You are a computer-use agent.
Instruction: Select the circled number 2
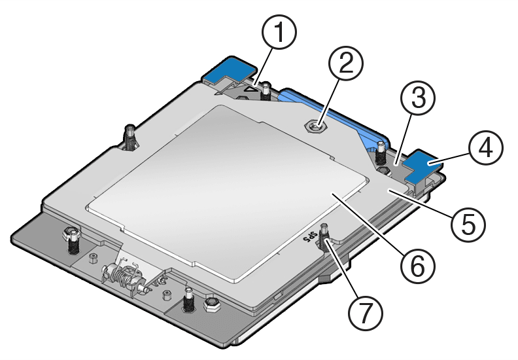[x=345, y=64]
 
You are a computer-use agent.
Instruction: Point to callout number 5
[x=466, y=223]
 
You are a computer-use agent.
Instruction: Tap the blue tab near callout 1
[x=228, y=68]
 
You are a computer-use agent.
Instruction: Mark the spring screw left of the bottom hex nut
[x=188, y=299]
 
